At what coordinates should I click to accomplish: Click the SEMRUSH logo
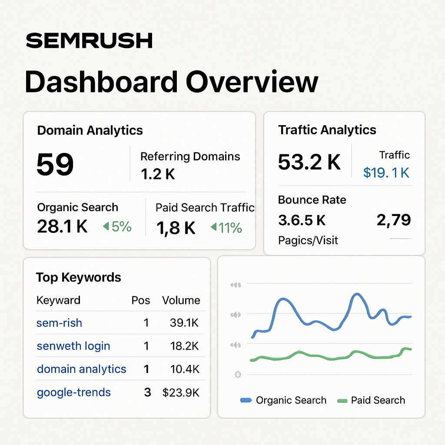pyautogui.click(x=89, y=41)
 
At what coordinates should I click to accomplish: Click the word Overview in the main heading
pyautogui.click(x=252, y=82)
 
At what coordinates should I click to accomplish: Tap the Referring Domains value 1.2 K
pyautogui.click(x=158, y=174)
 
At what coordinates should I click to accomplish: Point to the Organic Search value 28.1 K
pyautogui.click(x=62, y=226)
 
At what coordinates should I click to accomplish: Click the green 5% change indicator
pyautogui.click(x=117, y=226)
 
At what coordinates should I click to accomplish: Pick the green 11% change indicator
pyautogui.click(x=226, y=228)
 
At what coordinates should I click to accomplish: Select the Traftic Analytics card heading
pyautogui.click(x=327, y=130)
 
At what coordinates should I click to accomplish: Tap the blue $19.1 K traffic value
pyautogui.click(x=386, y=173)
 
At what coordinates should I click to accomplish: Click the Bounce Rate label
pyautogui.click(x=312, y=200)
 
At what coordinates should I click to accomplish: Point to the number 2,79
pyautogui.click(x=393, y=220)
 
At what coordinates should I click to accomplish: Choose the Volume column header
pyautogui.click(x=181, y=300)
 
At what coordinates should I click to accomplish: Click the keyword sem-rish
pyautogui.click(x=59, y=323)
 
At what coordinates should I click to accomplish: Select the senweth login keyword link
pyautogui.click(x=73, y=346)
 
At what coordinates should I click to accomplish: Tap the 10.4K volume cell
pyautogui.click(x=185, y=369)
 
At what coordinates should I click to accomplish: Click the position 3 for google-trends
pyautogui.click(x=147, y=392)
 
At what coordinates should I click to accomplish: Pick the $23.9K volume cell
pyautogui.click(x=181, y=392)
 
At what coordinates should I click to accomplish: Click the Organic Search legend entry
pyautogui.click(x=283, y=400)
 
